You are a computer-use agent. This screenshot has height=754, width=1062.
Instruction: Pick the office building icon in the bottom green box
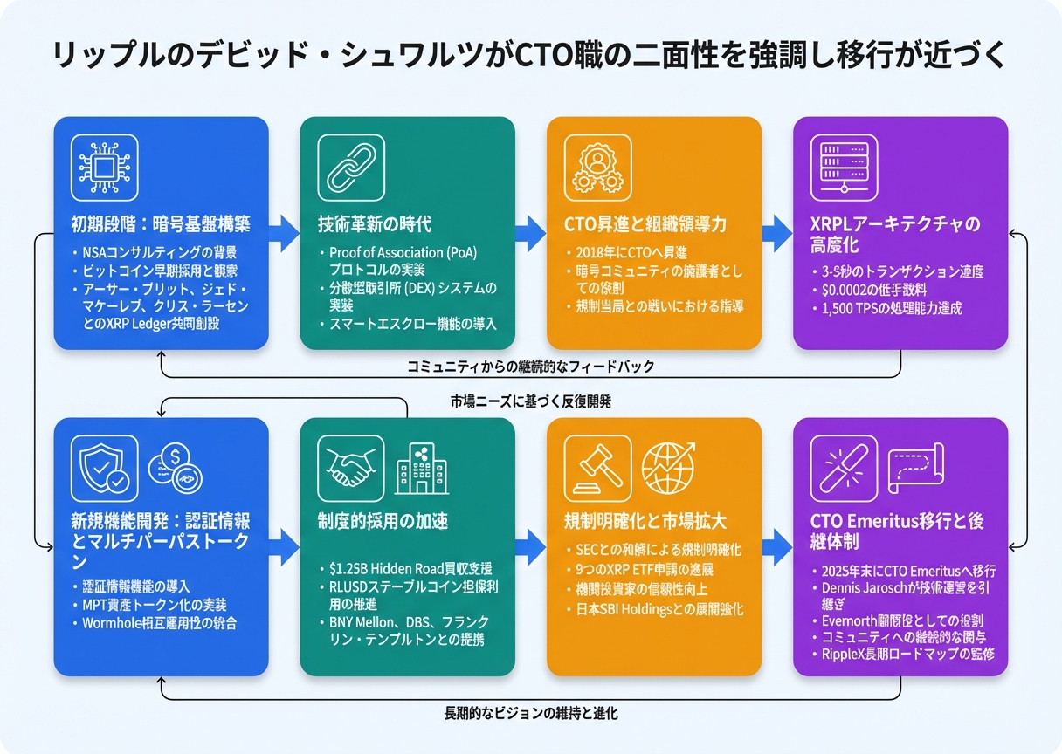coord(422,464)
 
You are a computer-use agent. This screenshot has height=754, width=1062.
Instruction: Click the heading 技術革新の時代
coord(375,223)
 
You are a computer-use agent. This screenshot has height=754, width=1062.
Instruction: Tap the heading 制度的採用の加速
coord(383,521)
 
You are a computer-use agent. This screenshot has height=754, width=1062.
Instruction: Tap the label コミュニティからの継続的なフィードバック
coord(530,367)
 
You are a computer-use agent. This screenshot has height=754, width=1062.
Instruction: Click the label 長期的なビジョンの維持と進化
coord(531,713)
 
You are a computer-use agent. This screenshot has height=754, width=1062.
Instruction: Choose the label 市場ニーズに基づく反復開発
coord(531,402)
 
